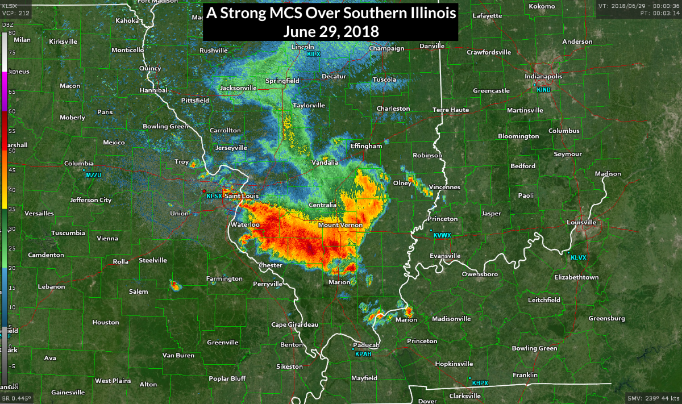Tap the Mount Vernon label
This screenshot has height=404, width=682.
tap(340, 226)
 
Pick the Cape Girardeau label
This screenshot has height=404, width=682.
tap(294, 324)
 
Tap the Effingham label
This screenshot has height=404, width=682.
tap(366, 146)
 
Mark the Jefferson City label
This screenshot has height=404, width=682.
tap(91, 200)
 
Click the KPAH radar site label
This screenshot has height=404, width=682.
tap(363, 354)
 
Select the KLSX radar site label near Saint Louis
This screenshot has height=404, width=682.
tap(214, 196)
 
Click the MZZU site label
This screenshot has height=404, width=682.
tap(93, 175)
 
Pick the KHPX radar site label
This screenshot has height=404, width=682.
tap(480, 383)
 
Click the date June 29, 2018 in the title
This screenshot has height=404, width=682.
tap(331, 31)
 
